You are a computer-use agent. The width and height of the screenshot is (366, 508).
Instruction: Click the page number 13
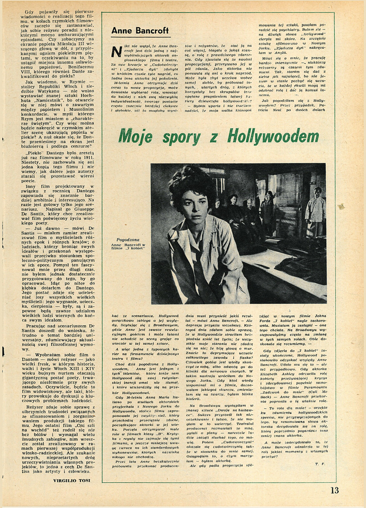(334, 490)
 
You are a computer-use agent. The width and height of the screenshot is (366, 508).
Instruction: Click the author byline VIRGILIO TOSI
(74, 481)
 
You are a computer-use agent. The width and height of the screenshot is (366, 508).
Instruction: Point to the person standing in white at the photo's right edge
(315, 212)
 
